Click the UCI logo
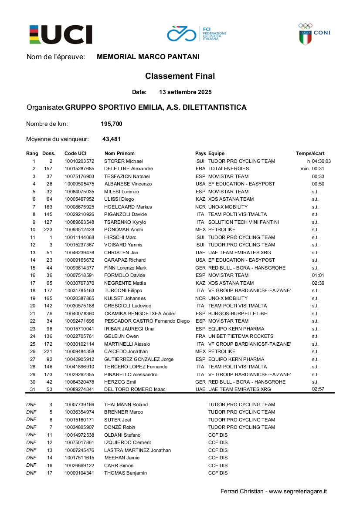61,34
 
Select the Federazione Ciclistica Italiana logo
196,34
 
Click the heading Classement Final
180,76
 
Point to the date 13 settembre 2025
185,92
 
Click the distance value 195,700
112,124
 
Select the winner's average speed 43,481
112,139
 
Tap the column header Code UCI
75,153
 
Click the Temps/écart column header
310,153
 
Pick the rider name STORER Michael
121,161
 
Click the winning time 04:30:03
321,161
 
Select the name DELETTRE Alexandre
129,169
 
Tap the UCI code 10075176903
79,176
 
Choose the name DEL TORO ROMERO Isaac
135,389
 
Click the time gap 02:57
318,389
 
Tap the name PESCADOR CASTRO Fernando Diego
147,321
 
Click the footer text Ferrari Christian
242,492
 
